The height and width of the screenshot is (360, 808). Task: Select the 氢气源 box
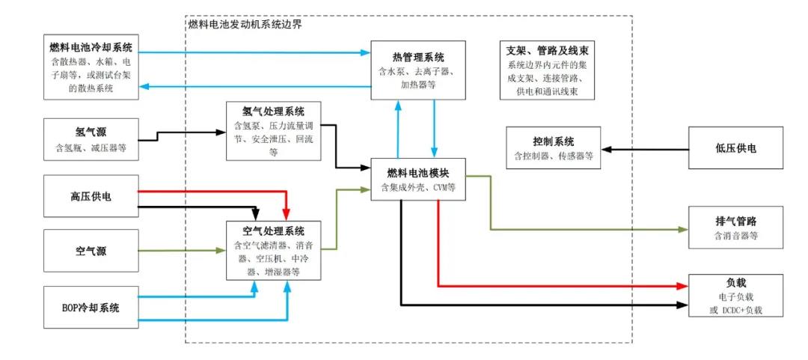pos(91,138)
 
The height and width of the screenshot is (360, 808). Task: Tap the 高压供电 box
pos(91,196)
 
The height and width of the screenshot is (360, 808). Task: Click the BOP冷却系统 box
pos(91,307)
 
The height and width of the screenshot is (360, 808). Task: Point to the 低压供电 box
pos(735,148)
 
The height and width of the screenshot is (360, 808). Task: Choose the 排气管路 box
pos(735,228)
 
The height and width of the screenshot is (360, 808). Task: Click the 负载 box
pos(735,295)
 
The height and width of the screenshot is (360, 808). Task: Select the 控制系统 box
pos(554,148)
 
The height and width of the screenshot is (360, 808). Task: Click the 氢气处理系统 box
pos(274,131)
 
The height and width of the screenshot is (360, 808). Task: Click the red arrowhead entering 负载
pos(682,286)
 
